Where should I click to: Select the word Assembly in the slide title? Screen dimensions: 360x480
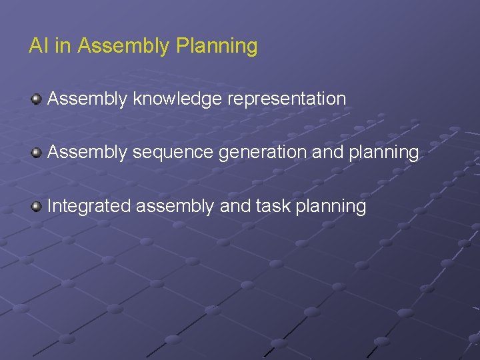[x=124, y=47]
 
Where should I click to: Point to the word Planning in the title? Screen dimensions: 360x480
[x=217, y=47]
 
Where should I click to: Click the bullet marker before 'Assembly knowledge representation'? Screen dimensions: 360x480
[x=37, y=99]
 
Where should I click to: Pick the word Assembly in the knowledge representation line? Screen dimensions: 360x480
[x=87, y=99]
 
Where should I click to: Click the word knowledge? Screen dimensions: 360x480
[x=178, y=99]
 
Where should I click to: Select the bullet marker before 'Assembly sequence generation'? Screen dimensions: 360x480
[x=37, y=153]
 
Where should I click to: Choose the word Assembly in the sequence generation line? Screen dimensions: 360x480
[x=87, y=153]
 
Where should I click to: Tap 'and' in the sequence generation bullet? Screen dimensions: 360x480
[x=327, y=153]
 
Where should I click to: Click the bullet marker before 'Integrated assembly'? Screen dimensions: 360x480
[x=37, y=206]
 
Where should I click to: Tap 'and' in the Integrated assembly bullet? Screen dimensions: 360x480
[x=235, y=206]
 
